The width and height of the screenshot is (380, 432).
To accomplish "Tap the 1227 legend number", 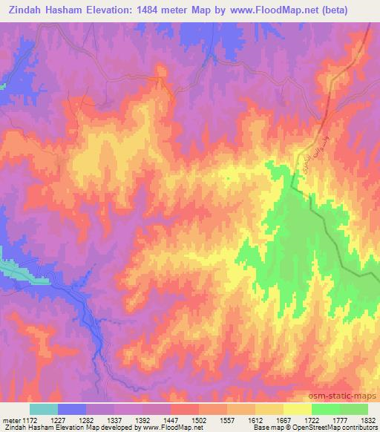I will [59, 419].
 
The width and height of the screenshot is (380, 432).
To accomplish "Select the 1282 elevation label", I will [87, 419].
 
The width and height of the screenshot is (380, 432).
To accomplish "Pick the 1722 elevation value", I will [312, 419].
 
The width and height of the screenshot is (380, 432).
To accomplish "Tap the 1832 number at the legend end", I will [367, 419].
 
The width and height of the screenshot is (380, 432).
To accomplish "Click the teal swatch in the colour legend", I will [44, 409].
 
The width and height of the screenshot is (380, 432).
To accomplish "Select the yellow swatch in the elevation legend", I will [297, 409].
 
